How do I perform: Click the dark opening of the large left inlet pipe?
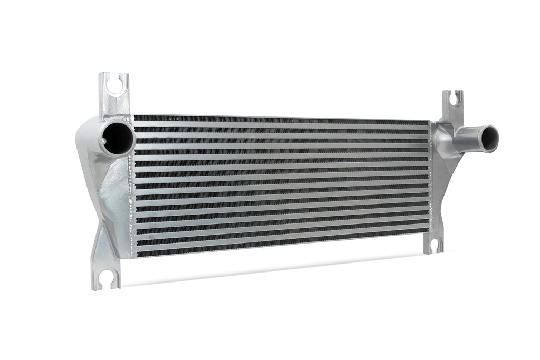coord(118,138)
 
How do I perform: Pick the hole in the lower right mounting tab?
coord(435,244)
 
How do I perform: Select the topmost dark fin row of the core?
coord(279,120)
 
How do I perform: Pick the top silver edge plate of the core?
coord(279,116)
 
